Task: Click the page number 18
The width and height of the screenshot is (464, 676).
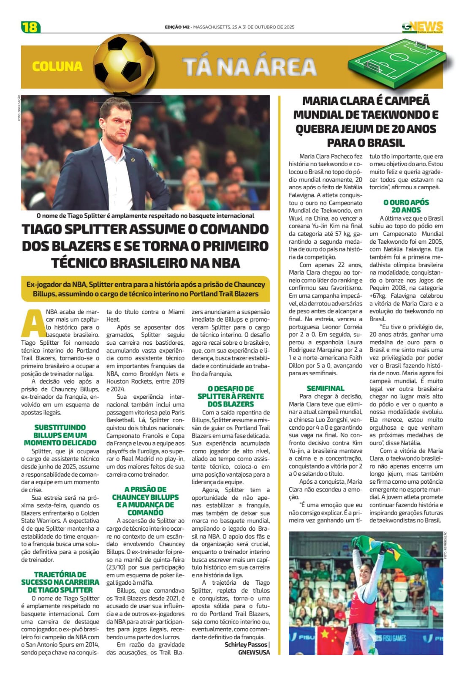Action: pos(30,27)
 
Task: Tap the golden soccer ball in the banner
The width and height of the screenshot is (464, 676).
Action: pos(121,65)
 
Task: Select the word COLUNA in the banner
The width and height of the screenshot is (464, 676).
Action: pos(57,66)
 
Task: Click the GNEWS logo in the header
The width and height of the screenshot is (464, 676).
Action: pos(422,27)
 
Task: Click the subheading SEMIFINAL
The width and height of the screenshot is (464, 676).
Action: pos(325,388)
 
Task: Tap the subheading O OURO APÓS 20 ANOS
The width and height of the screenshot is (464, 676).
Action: pos(406,206)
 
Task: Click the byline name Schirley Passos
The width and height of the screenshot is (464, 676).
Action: pos(246,644)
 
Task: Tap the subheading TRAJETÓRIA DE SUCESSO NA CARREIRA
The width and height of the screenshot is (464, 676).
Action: pos(60,582)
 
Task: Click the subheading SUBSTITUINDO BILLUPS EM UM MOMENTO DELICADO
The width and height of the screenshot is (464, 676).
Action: pos(60,435)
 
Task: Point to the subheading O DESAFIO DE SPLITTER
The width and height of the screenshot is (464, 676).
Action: pos(231,396)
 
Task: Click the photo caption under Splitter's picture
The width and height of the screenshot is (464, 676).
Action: pos(145,215)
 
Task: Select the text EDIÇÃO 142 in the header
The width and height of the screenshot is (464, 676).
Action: pos(177,27)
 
